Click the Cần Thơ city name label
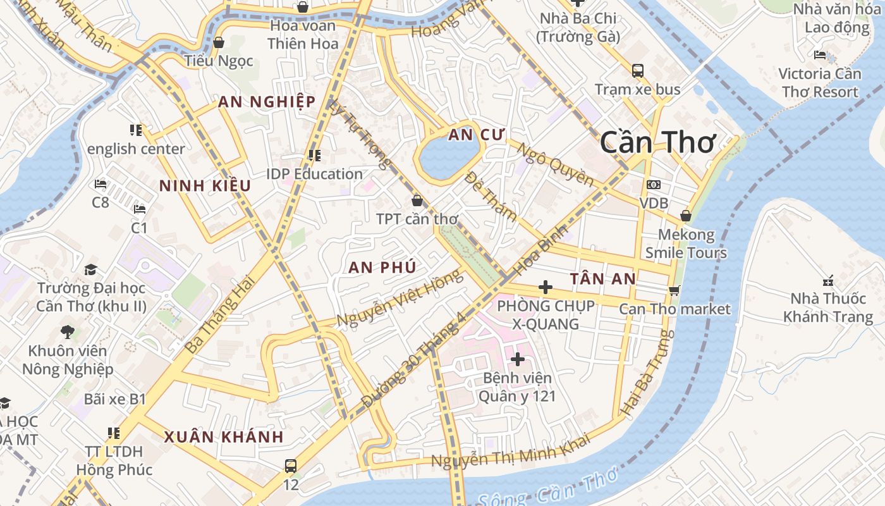coord(657,142)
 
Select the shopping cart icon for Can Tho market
coord(674,290)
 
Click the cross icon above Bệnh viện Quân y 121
coord(518,359)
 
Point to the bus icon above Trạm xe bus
coord(637,70)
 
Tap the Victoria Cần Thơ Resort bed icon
coord(820,55)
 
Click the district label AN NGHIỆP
coord(266,102)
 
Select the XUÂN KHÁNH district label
coord(224,437)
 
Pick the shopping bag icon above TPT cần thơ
coord(417,201)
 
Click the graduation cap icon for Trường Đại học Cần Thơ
coord(90,269)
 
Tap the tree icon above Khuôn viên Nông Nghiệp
coord(68,331)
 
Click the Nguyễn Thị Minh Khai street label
coord(510,450)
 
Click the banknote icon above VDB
coord(654,185)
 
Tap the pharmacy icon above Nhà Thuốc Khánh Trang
coord(827,280)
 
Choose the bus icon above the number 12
coord(290,466)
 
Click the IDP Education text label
coord(314,174)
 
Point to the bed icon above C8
coord(100,184)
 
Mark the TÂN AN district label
coord(602,279)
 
